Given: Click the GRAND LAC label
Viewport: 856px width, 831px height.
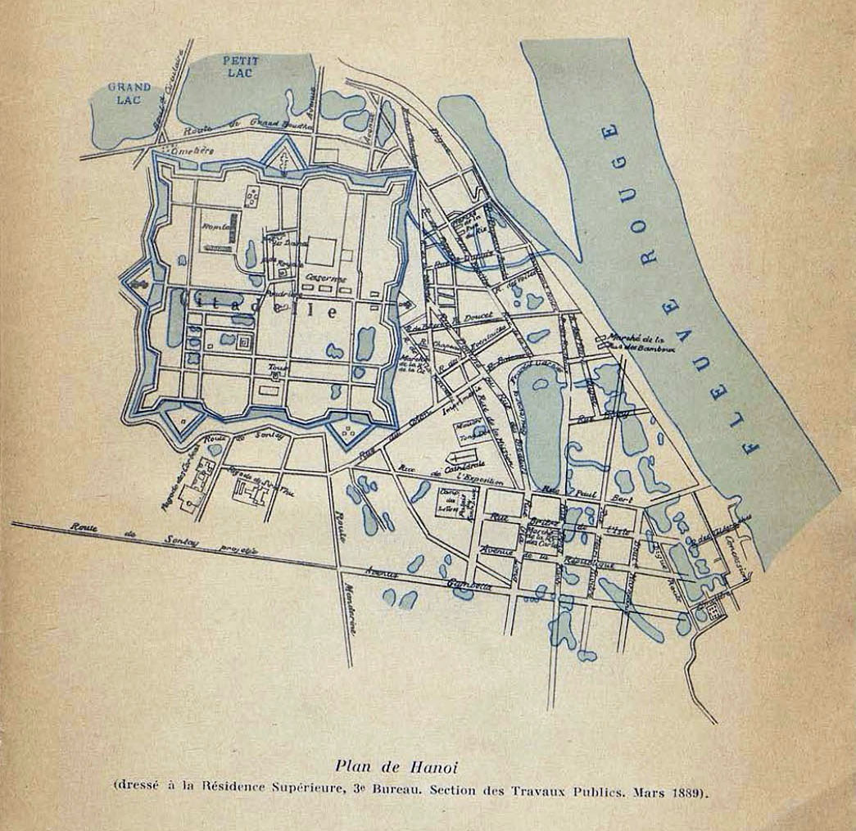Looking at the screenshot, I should (129, 93).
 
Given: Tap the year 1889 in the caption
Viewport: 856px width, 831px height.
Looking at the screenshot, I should (686, 793).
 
